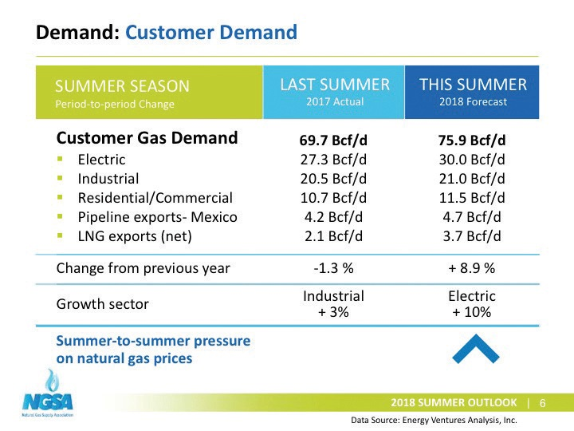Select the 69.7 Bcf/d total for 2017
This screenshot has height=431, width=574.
pyautogui.click(x=333, y=140)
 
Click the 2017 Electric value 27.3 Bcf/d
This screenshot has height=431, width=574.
pyautogui.click(x=333, y=160)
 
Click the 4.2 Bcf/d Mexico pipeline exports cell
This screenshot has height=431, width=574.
pyautogui.click(x=333, y=217)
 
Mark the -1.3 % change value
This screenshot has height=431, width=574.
pyautogui.click(x=333, y=268)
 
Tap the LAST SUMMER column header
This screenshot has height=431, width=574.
pyautogui.click(x=335, y=85)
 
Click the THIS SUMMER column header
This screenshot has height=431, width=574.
pyautogui.click(x=474, y=85)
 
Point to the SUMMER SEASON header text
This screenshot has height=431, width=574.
pyautogui.click(x=122, y=86)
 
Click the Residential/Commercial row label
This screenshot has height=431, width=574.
pyautogui.click(x=155, y=198)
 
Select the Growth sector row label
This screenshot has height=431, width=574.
pyautogui.click(x=102, y=304)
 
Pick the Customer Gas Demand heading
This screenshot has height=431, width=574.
pyautogui.click(x=147, y=138)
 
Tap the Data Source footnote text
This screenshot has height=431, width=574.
pyautogui.click(x=434, y=420)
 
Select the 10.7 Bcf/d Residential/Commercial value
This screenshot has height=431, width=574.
pyautogui.click(x=333, y=198)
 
